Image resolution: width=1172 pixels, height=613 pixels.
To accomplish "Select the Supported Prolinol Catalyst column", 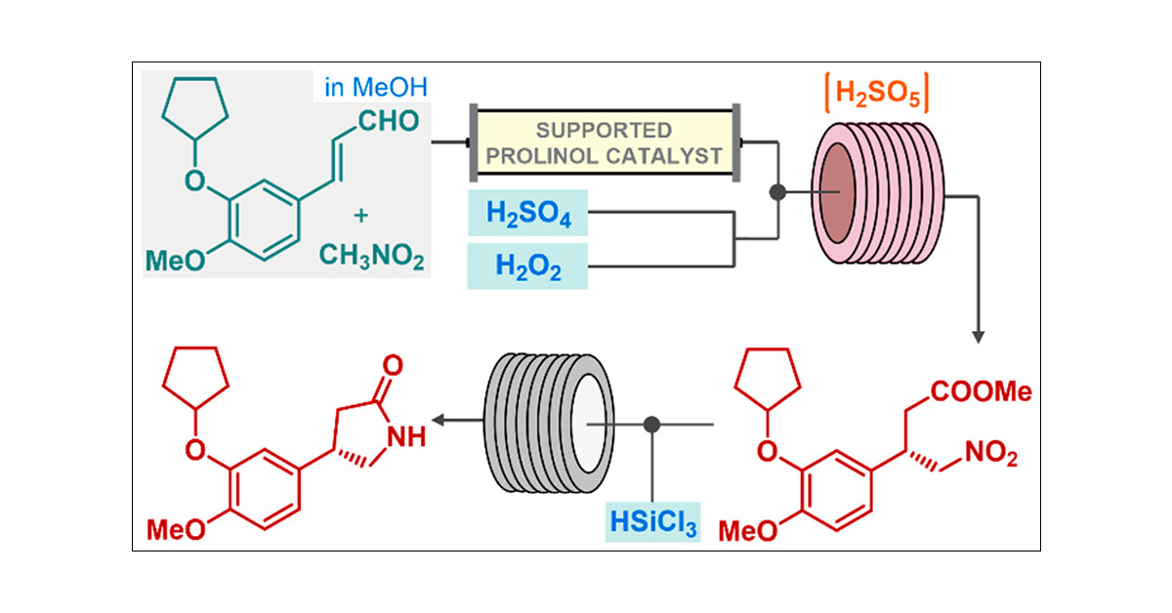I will (606, 142).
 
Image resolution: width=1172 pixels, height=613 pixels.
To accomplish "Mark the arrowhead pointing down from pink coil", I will (977, 337).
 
